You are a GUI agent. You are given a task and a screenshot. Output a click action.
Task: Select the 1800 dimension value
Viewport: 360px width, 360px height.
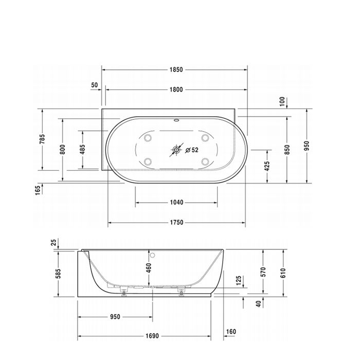[x=175, y=89]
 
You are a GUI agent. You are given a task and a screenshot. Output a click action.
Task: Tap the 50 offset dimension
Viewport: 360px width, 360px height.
[x=94, y=85]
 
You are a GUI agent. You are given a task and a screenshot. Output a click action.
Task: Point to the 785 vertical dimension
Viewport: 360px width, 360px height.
[x=43, y=139]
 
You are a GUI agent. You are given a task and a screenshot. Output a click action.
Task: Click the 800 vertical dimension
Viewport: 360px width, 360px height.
[x=63, y=149]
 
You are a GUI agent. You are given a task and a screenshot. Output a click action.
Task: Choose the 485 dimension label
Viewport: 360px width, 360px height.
[x=82, y=149]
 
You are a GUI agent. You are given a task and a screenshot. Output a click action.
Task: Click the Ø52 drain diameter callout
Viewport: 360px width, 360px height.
[x=191, y=150]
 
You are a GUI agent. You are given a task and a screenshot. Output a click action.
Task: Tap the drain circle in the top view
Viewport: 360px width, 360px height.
[x=177, y=150]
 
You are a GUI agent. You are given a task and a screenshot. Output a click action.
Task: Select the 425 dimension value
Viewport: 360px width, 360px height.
[x=267, y=167]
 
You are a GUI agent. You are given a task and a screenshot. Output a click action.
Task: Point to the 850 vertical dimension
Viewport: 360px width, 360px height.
[x=287, y=149]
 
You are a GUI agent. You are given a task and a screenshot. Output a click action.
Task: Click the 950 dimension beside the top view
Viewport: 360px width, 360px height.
[x=307, y=146]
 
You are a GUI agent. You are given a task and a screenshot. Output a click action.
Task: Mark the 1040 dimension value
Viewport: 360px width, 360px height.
[x=176, y=203]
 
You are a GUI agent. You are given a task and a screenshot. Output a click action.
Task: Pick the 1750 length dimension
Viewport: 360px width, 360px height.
[x=176, y=223]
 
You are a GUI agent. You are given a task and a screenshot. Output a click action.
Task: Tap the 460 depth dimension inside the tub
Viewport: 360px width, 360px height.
[x=149, y=268]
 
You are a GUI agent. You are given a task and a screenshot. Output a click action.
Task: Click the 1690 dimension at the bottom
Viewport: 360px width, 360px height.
[x=151, y=337]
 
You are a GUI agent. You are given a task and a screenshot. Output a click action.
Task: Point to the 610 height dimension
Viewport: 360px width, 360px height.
[x=282, y=273]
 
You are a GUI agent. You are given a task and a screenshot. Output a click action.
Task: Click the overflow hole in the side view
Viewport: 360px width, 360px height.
[x=152, y=255]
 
